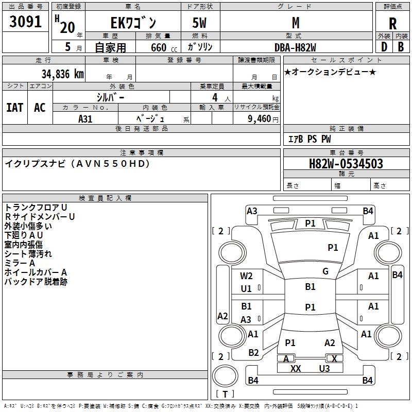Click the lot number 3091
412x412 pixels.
point(25,22)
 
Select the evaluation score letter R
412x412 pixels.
point(392,24)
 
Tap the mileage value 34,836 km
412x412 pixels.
point(63,74)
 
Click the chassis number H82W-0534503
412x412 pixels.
point(346,163)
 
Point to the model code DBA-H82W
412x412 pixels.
point(295,47)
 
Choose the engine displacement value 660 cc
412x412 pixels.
point(164,47)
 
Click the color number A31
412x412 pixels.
point(85,119)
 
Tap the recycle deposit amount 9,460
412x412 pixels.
point(260,118)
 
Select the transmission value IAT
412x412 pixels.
point(15,108)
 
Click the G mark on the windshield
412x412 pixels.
point(325,271)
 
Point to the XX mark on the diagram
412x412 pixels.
point(296,368)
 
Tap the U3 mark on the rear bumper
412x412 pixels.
point(324,368)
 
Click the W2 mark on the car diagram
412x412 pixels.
point(246,276)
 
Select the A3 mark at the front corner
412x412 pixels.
point(252,211)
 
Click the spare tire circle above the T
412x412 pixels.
point(225,375)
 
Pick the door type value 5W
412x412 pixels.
point(199,23)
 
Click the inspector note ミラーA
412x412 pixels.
point(20,263)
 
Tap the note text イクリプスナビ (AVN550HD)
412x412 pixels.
point(78,164)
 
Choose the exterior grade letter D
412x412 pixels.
point(384,47)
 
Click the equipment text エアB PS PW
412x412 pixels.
point(310,139)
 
